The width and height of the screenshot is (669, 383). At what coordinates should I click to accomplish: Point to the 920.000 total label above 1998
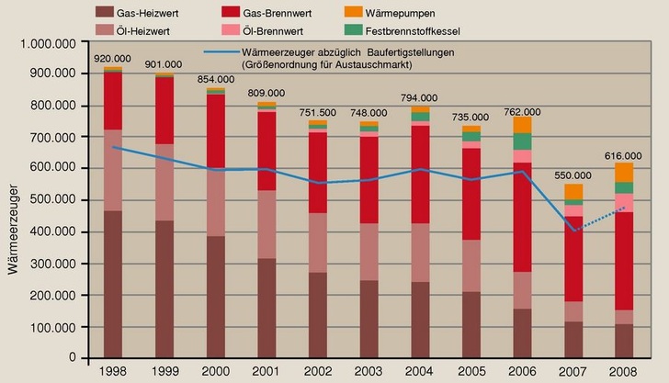coord(113,58)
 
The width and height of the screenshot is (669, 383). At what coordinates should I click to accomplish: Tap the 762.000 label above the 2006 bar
coord(522,111)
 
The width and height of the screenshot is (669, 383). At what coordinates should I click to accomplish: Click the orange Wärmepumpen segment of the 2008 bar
coord(624,172)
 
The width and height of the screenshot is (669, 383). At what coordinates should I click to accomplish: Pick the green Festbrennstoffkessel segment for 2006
coord(522,141)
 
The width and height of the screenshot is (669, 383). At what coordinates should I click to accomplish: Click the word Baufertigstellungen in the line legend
coord(416,53)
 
